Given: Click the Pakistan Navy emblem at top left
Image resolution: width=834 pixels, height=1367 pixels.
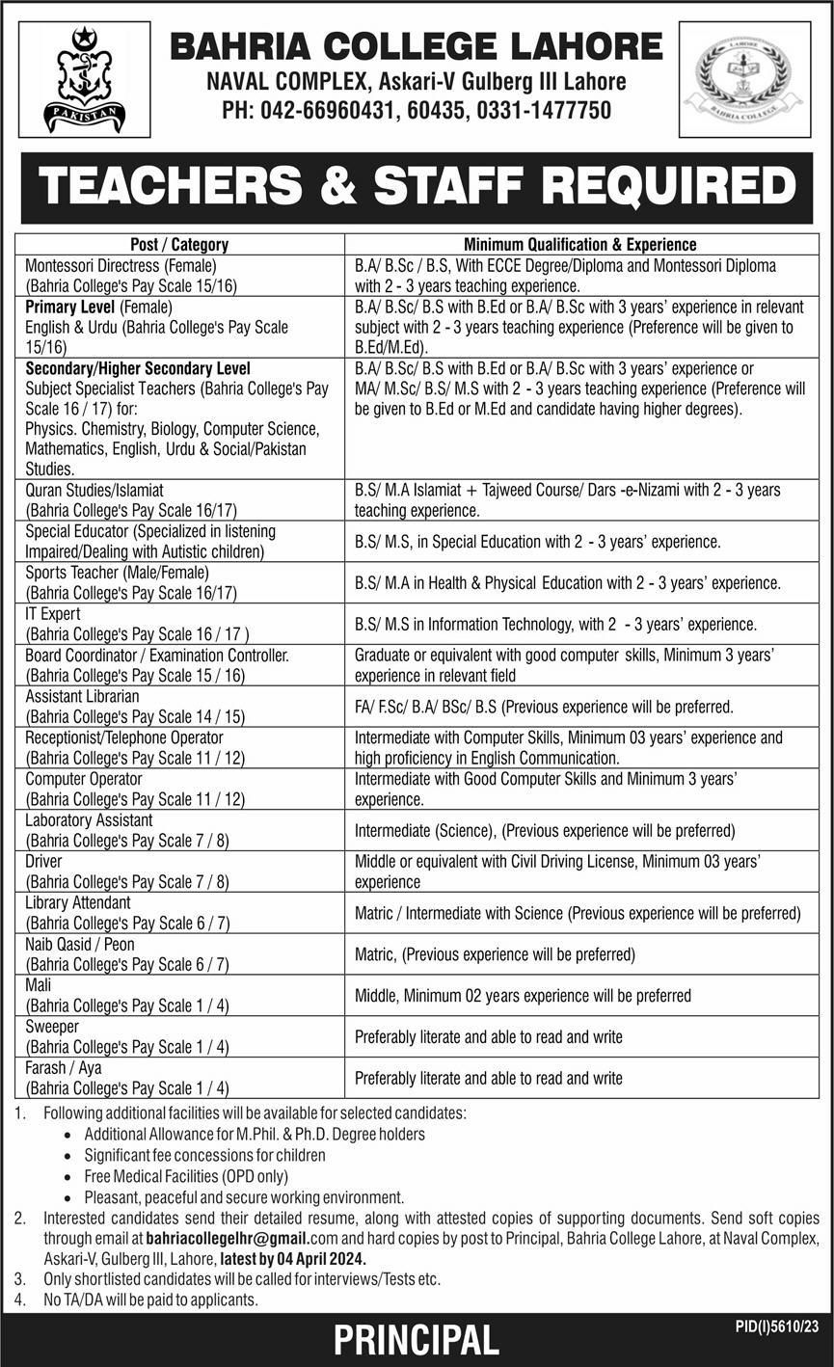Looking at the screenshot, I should pyautogui.click(x=84, y=79).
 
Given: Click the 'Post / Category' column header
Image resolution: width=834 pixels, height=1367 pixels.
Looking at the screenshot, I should pyautogui.click(x=179, y=245).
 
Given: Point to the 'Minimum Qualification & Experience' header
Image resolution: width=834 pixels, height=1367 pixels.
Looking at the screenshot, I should pyautogui.click(x=580, y=245).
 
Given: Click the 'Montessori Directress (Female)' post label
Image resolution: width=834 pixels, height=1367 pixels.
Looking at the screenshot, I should pyautogui.click(x=121, y=265).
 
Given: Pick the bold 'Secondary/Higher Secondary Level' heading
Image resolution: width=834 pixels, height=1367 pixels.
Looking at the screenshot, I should pyautogui.click(x=138, y=368).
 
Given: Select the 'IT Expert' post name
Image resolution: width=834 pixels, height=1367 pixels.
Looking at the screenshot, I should pyautogui.click(x=53, y=614).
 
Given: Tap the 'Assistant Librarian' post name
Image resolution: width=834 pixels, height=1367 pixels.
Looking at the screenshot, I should pyautogui.click(x=83, y=696).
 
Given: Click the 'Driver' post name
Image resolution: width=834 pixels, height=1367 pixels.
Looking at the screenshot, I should pyautogui.click(x=45, y=861).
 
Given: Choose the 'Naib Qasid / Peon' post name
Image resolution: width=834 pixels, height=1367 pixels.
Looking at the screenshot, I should pyautogui.click(x=80, y=944).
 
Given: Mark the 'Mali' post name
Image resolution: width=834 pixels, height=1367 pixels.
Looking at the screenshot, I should pyautogui.click(x=39, y=985).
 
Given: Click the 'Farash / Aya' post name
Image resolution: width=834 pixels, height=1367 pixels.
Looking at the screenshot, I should pyautogui.click(x=64, y=1068).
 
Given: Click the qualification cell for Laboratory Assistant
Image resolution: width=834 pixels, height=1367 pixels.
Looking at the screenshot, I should pyautogui.click(x=545, y=830).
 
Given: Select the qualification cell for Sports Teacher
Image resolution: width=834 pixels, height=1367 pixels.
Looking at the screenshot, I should pyautogui.click(x=567, y=583).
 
